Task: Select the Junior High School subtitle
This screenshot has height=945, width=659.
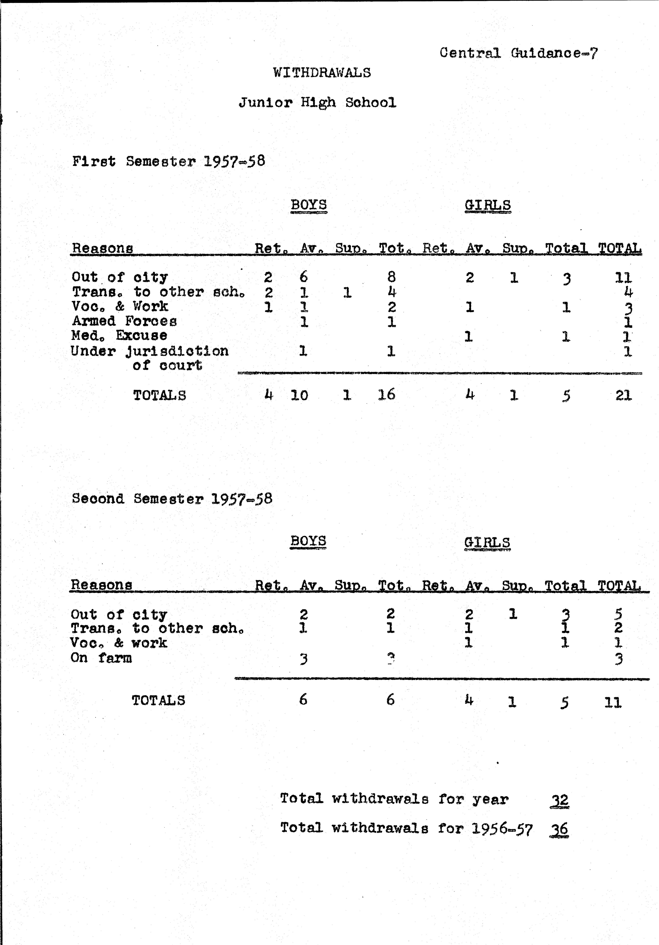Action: [317, 103]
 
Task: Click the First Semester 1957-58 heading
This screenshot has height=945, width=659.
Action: [168, 161]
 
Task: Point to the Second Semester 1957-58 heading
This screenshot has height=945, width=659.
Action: [172, 499]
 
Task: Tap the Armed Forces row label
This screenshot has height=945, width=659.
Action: [124, 321]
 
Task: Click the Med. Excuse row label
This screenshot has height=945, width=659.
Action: [119, 335]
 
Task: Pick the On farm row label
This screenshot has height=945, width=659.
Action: [101, 658]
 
